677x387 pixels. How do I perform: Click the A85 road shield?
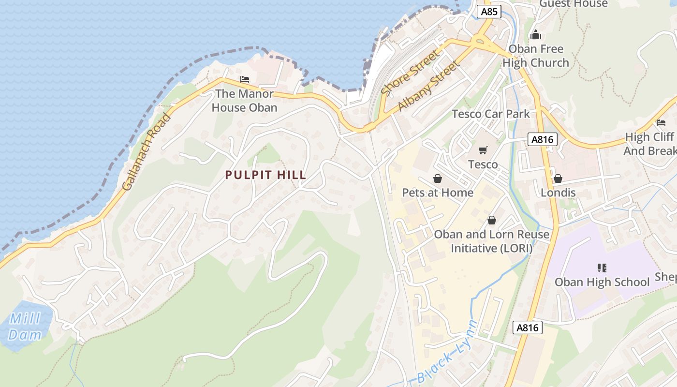[x=489, y=12]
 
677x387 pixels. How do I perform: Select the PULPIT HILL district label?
[x=265, y=175]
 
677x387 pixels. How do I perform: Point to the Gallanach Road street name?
[x=147, y=151]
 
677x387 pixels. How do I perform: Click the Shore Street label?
[x=411, y=72]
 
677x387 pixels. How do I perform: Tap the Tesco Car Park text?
[x=490, y=114]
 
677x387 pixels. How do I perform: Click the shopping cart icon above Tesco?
[x=483, y=150]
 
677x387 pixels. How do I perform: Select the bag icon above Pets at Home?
[x=438, y=179]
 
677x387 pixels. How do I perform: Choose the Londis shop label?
[x=558, y=193]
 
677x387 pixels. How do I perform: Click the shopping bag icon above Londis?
[x=558, y=179]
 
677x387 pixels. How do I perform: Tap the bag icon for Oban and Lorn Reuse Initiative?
[x=492, y=220]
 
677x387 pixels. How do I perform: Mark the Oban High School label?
[x=602, y=282]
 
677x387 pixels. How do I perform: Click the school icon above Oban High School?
[x=602, y=268]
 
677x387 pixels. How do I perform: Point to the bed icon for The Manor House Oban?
[x=245, y=79]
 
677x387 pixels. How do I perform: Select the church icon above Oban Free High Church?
[x=535, y=35]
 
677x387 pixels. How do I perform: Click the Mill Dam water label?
[x=24, y=327]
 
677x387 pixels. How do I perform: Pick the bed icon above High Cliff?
[x=661, y=123]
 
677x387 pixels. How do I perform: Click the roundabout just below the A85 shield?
[x=481, y=42]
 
